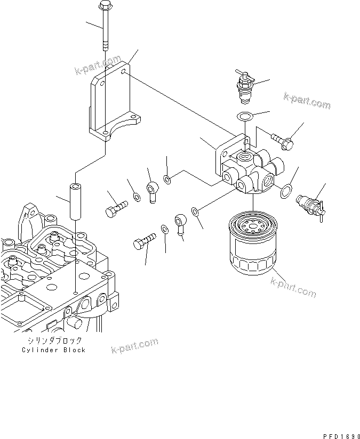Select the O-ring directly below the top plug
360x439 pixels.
[244, 117]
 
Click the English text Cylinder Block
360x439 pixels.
[54, 350]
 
